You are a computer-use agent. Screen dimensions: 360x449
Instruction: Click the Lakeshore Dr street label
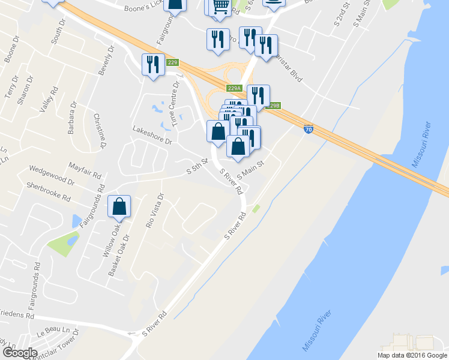point(152,134)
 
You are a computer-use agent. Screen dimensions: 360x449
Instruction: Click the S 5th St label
point(196,167)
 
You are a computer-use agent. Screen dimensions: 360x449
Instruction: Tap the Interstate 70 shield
point(307,128)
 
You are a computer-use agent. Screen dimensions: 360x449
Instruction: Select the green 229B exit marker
point(273,106)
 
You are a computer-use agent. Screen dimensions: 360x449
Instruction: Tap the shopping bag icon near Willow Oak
point(119,206)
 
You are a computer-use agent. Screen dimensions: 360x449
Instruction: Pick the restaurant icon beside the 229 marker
point(153,64)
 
